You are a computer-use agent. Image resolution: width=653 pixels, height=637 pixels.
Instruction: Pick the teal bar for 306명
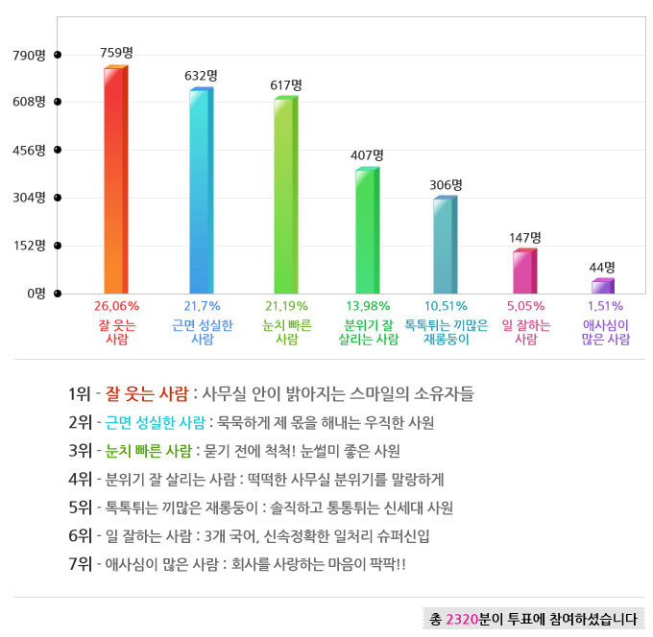pos(444,245)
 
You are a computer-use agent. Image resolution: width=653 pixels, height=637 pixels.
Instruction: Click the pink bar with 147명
pos(524,271)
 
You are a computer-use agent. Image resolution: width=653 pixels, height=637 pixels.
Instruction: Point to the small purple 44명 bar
pos(602,286)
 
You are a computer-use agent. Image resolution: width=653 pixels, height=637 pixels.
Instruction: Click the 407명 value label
pos(367,154)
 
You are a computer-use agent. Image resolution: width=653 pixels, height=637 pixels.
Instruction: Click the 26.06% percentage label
pos(116,306)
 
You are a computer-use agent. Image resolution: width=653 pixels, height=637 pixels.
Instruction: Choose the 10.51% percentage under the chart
pos(445,306)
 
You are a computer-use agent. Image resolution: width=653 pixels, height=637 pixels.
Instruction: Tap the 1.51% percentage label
pos(605,306)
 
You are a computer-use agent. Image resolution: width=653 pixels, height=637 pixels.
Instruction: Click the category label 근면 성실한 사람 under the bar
pos(202,332)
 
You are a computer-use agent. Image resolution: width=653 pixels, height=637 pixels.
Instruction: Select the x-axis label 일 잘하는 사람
pos(525,332)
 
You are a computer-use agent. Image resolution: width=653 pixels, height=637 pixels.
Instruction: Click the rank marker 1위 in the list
pos(80,393)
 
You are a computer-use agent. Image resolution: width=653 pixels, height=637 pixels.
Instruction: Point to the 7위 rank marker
pos(80,563)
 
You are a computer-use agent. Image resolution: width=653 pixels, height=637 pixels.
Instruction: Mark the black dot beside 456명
pos(58,150)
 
